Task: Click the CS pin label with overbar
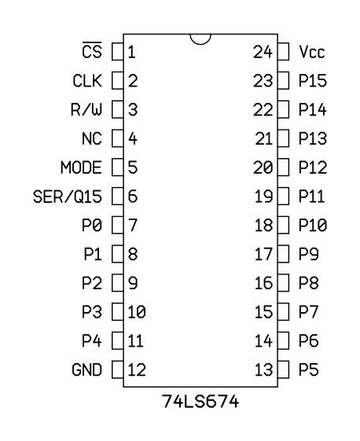(x=92, y=50)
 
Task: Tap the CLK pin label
(x=87, y=81)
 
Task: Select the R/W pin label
(x=86, y=110)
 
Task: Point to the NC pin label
(x=92, y=138)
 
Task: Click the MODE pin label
(x=81, y=167)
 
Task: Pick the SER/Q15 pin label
(x=68, y=197)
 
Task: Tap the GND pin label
(x=87, y=369)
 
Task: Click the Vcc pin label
(x=312, y=52)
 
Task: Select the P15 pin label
(x=313, y=81)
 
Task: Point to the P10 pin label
(x=313, y=226)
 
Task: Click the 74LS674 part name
(x=200, y=402)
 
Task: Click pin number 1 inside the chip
(x=131, y=52)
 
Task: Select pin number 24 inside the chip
(x=263, y=52)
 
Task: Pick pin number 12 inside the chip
(x=137, y=369)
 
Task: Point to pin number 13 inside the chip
(x=263, y=369)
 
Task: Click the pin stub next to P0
(x=118, y=225)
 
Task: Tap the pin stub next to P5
(x=283, y=369)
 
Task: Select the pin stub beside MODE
(x=118, y=167)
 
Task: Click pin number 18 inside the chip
(x=263, y=226)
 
